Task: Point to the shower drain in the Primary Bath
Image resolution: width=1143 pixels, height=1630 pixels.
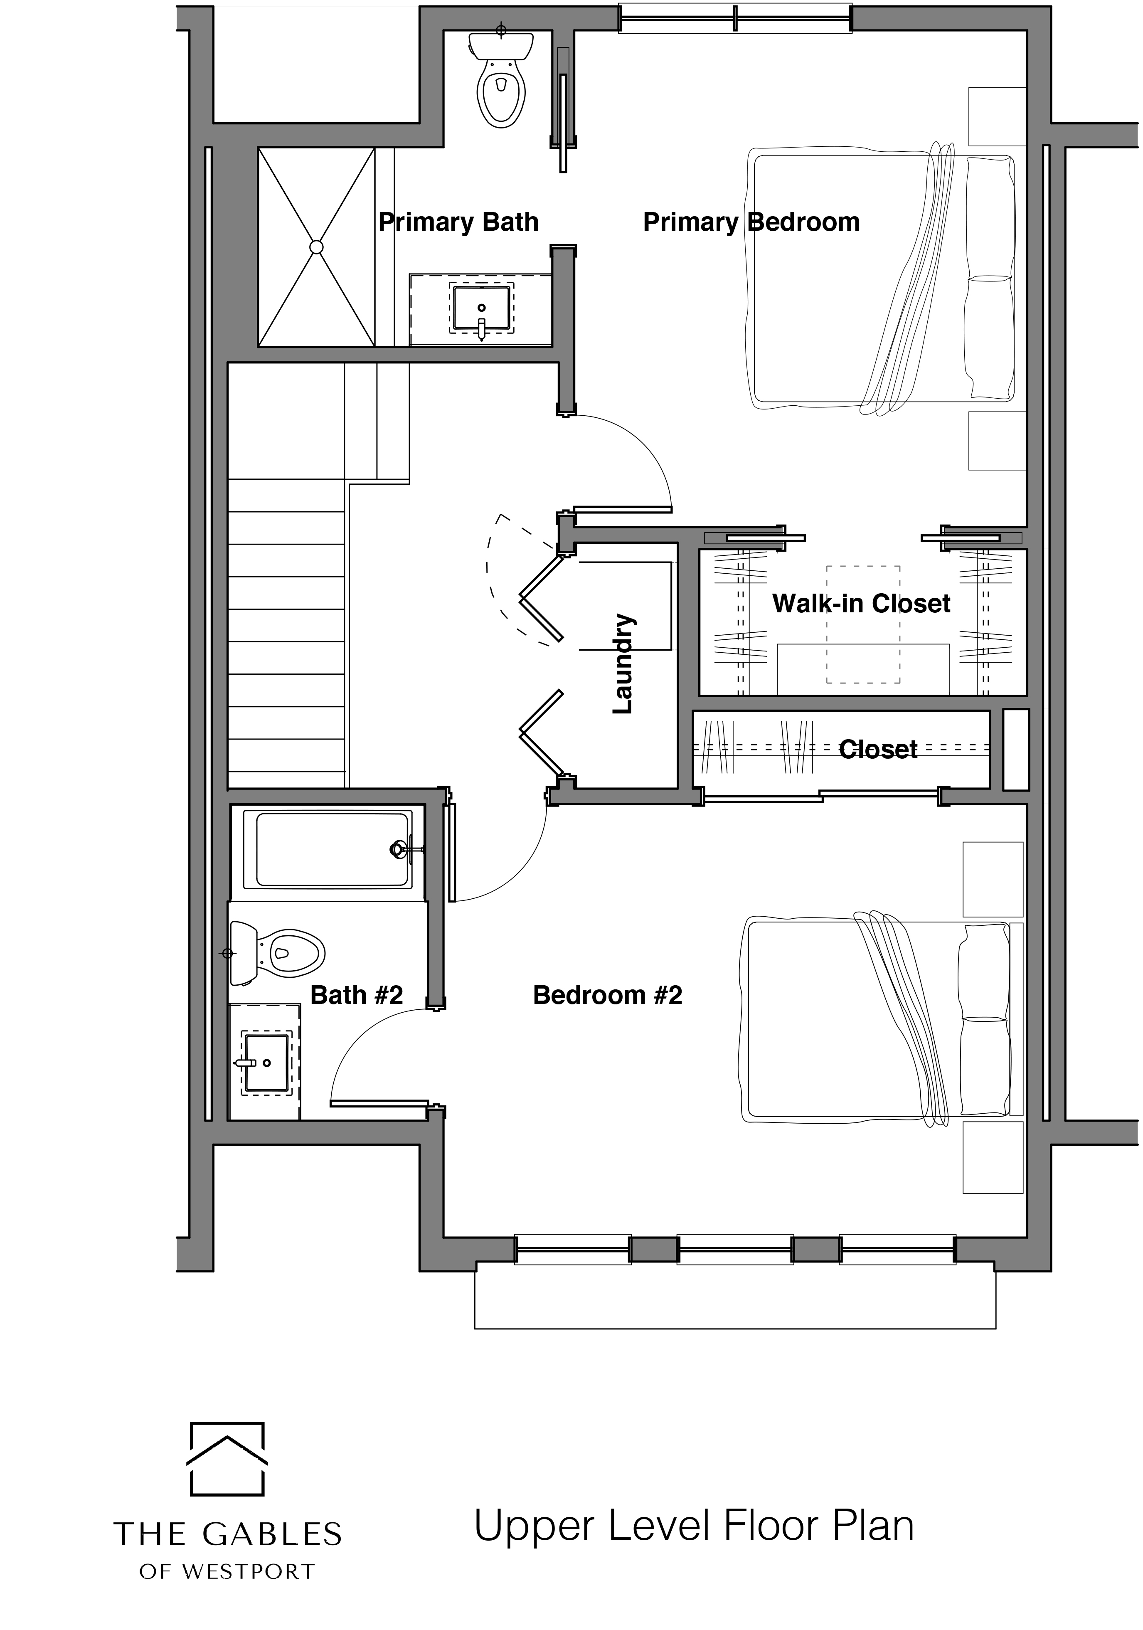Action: click(317, 247)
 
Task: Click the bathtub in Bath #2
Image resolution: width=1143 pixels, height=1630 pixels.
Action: click(328, 849)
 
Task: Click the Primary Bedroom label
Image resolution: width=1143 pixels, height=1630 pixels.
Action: click(751, 222)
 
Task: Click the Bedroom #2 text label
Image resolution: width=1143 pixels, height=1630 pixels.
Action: click(608, 995)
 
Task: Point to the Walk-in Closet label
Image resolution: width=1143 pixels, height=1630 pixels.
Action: click(861, 604)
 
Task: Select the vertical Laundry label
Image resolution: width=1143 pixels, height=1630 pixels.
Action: click(623, 664)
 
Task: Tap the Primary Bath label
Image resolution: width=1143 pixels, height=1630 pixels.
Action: click(458, 222)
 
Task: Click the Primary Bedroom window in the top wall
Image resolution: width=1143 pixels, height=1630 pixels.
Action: click(735, 18)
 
